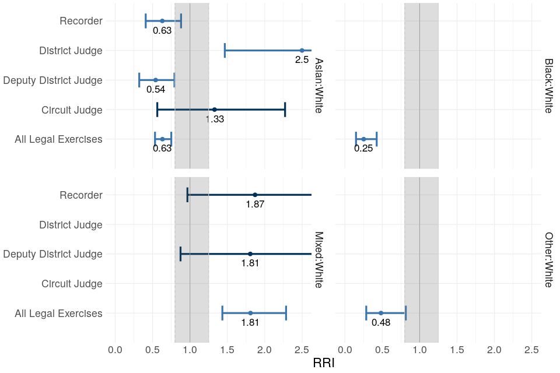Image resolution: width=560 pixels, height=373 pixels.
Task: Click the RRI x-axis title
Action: point(324,363)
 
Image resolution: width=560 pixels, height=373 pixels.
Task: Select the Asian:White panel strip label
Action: point(319,85)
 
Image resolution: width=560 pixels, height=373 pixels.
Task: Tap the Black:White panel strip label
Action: point(548,85)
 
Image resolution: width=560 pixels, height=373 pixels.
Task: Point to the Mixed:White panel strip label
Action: point(319,259)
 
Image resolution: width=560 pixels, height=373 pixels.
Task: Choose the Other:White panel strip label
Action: point(548,259)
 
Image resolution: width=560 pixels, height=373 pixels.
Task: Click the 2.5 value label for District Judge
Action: point(302,60)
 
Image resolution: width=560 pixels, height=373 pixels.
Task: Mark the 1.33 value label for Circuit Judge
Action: point(215,119)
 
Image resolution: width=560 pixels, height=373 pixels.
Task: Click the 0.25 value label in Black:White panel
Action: point(363,149)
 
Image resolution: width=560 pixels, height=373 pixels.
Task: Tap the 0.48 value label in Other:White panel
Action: point(380,322)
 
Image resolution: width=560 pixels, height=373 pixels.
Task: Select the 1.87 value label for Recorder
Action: point(255,205)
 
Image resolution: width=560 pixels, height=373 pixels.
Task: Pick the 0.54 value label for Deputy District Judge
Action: point(156,90)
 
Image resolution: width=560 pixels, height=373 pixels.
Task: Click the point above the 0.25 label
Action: point(363,139)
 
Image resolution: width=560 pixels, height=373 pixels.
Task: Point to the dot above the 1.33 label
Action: point(215,110)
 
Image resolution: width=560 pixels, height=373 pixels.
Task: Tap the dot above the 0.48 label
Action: point(380,313)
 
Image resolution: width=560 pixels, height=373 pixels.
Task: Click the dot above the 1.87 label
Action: point(255,195)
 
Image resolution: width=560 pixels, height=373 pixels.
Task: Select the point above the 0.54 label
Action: point(156,80)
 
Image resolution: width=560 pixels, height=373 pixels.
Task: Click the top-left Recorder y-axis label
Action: point(81,21)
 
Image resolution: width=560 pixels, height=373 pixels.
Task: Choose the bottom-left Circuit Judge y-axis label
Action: point(72,284)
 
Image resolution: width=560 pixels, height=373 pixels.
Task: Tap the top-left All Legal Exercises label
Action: point(58,139)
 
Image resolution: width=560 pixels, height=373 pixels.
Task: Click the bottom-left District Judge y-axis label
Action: point(71,225)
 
